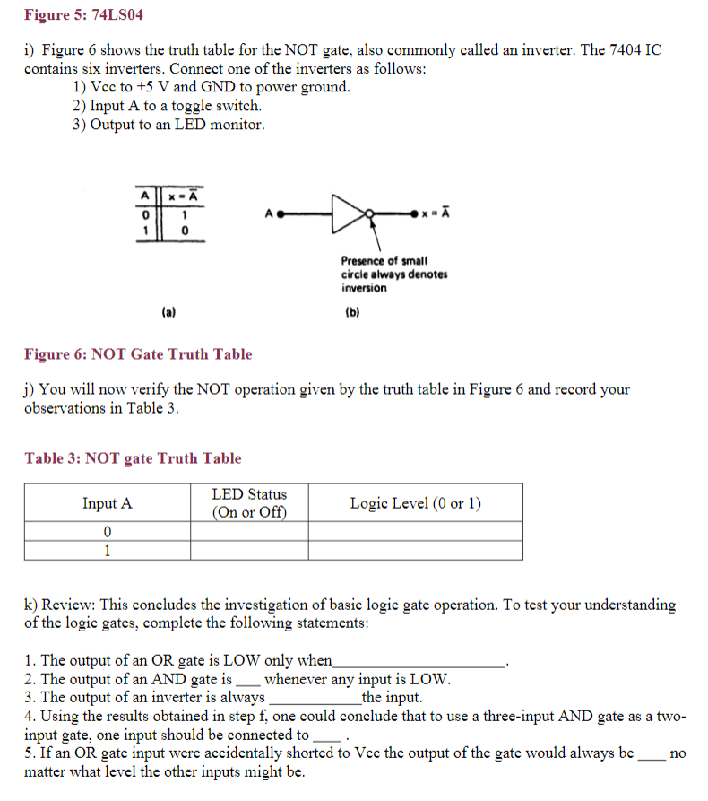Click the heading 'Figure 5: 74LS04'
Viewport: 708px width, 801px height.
(x=83, y=15)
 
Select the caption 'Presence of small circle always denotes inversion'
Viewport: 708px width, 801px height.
(x=393, y=274)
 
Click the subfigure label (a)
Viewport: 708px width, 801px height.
(x=168, y=312)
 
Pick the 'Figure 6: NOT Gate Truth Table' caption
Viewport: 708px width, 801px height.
(x=138, y=354)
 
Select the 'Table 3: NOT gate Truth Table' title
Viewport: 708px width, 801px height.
(x=133, y=458)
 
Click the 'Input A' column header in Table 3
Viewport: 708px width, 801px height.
(x=107, y=503)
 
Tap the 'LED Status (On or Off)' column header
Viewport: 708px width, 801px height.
(x=249, y=503)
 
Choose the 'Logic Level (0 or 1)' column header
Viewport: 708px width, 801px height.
(x=415, y=503)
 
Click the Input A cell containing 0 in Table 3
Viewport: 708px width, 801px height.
(x=107, y=532)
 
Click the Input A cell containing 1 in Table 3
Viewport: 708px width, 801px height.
(x=107, y=551)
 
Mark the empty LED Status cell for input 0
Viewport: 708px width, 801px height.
(x=249, y=532)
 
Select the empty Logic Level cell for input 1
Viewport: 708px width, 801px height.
(x=415, y=551)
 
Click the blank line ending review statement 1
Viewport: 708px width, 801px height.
(x=418, y=663)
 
